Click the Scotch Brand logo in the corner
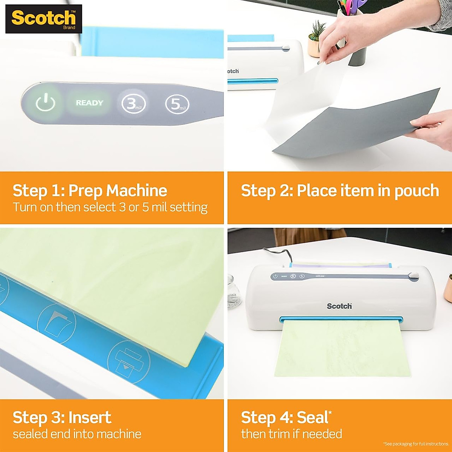tap(43, 19)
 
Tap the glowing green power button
tap(45, 103)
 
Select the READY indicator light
tap(89, 103)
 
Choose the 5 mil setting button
tap(177, 104)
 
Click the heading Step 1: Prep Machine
tap(90, 191)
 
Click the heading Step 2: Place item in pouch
tap(340, 191)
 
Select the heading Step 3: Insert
tap(62, 417)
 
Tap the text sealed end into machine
tap(77, 434)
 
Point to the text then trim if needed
tap(291, 434)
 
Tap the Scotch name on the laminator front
tap(339, 306)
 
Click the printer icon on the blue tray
tap(128, 362)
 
